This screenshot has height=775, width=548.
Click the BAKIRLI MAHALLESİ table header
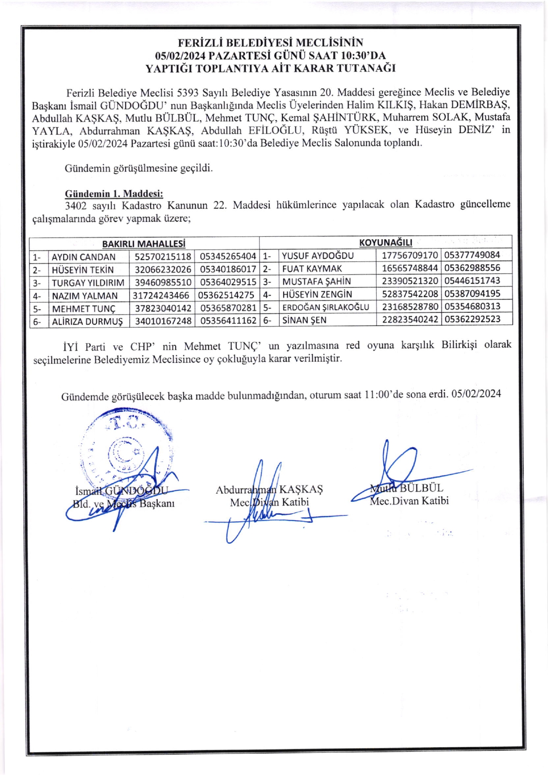[144, 244]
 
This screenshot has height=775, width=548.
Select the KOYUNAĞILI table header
[386, 243]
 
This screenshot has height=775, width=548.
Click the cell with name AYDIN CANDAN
[83, 257]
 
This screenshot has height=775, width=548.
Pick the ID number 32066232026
[163, 270]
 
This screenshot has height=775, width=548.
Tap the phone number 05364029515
[228, 282]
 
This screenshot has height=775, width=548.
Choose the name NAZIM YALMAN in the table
[85, 296]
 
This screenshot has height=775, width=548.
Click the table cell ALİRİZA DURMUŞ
[87, 322]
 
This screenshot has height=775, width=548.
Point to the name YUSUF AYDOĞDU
[317, 256]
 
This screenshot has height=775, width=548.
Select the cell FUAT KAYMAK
[312, 268]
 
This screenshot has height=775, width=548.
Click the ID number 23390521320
[410, 281]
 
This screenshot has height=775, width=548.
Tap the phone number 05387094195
[472, 293]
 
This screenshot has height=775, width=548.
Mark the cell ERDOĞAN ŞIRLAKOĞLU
[325, 307]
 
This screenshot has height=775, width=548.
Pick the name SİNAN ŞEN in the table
[304, 320]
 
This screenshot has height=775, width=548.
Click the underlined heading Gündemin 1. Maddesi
[114, 194]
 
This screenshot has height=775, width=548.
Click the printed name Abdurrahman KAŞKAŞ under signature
[269, 489]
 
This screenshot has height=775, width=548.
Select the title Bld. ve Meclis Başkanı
[124, 503]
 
